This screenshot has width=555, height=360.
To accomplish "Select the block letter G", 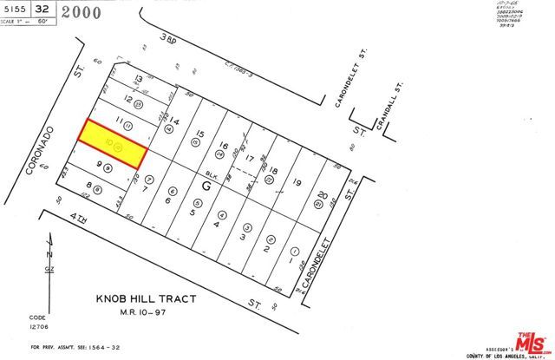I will [x=206, y=185].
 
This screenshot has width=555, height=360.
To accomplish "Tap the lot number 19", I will [x=297, y=182].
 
